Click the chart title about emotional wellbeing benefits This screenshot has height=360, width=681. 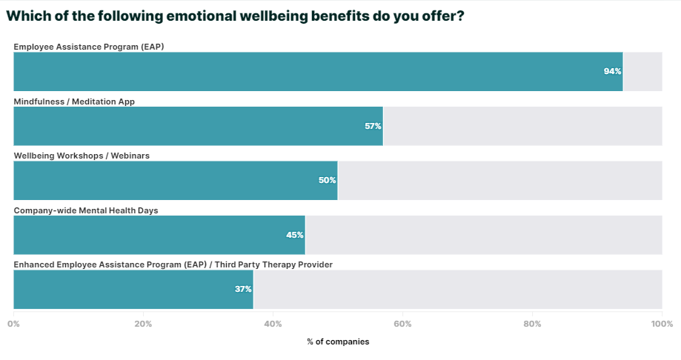point(235,16)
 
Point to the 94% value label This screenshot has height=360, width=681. point(612,72)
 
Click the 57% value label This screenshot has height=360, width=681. point(373,126)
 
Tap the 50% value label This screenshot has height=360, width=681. point(327,181)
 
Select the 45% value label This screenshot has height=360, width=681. point(295,235)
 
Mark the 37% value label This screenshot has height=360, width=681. point(243,290)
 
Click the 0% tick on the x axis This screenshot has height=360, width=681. point(14,324)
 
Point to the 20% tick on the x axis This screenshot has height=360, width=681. point(144,324)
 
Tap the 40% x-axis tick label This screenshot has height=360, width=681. point(273,324)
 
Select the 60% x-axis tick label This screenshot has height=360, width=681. point(402,324)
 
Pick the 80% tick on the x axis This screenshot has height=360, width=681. point(532,324)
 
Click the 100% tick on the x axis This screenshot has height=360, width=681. point(661,324)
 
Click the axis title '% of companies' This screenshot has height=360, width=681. point(338,341)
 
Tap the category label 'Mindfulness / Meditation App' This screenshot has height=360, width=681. point(74,101)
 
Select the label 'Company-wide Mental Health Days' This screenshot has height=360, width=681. point(86,210)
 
